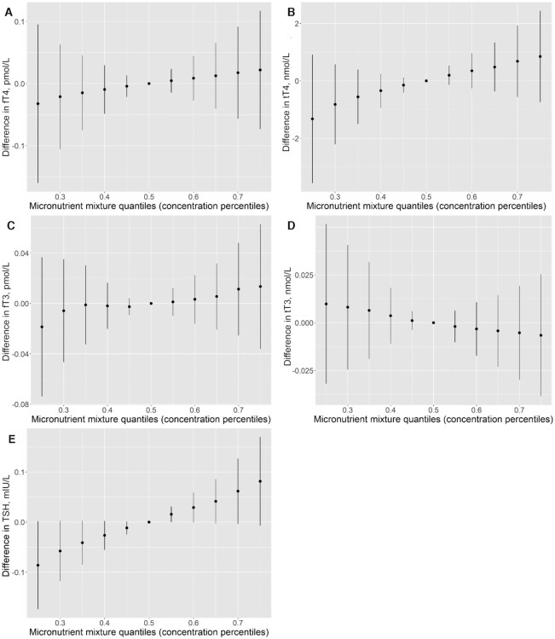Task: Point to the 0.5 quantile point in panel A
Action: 149,84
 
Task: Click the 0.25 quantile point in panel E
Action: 38,565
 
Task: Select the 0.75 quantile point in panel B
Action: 540,56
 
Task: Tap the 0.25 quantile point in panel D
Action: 326,304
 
